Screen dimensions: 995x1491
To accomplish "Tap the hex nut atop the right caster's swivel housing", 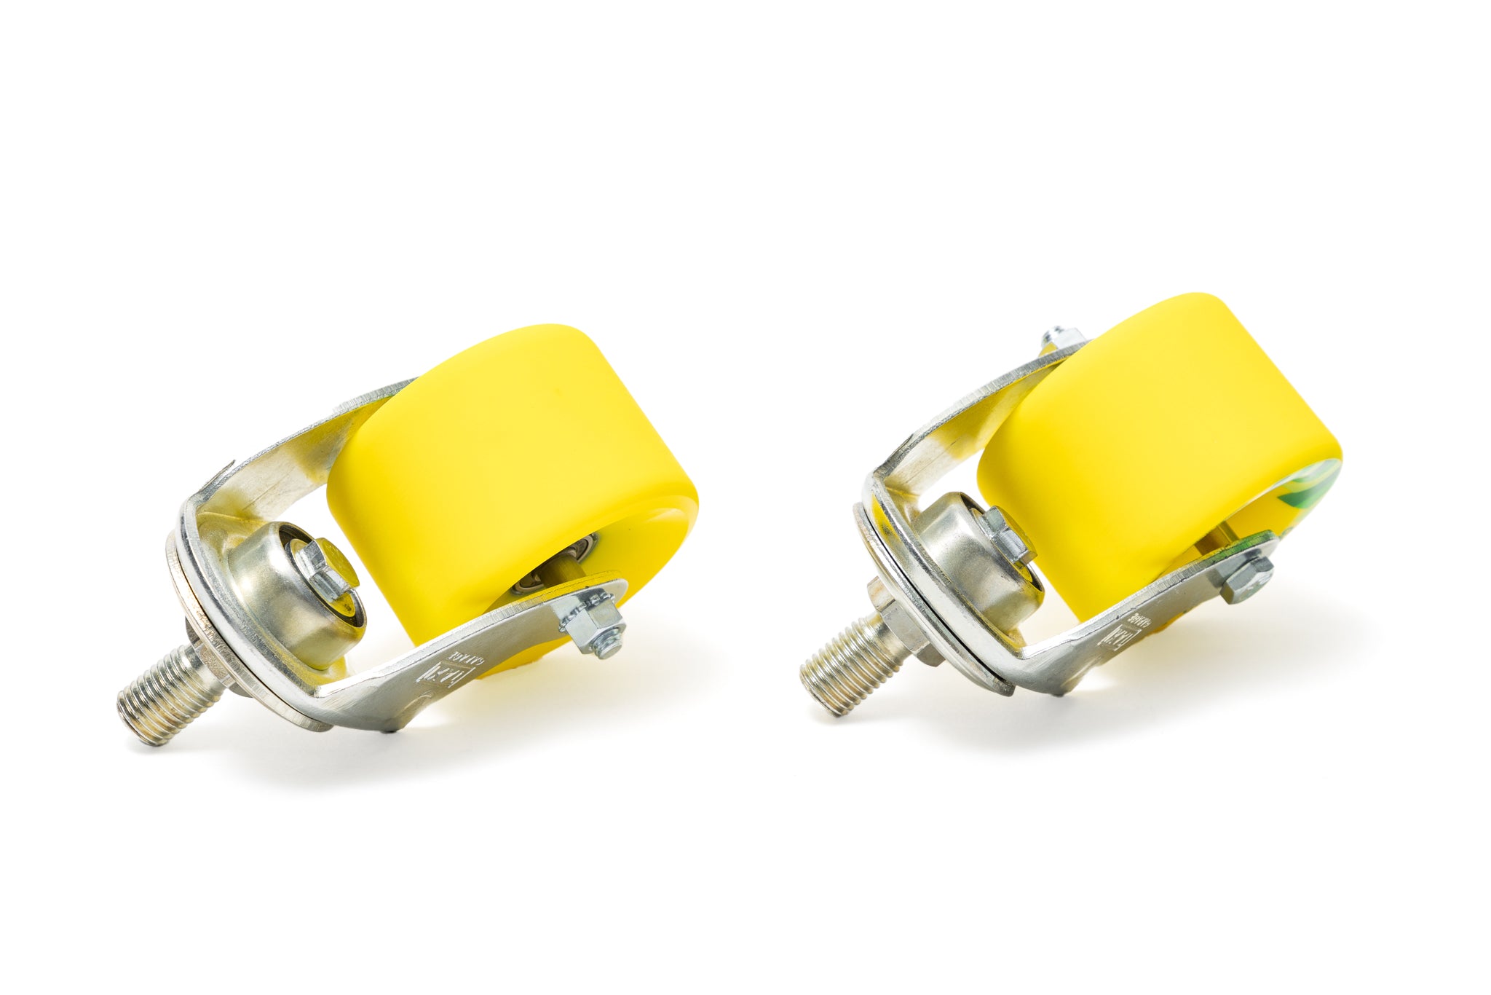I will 1008,535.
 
